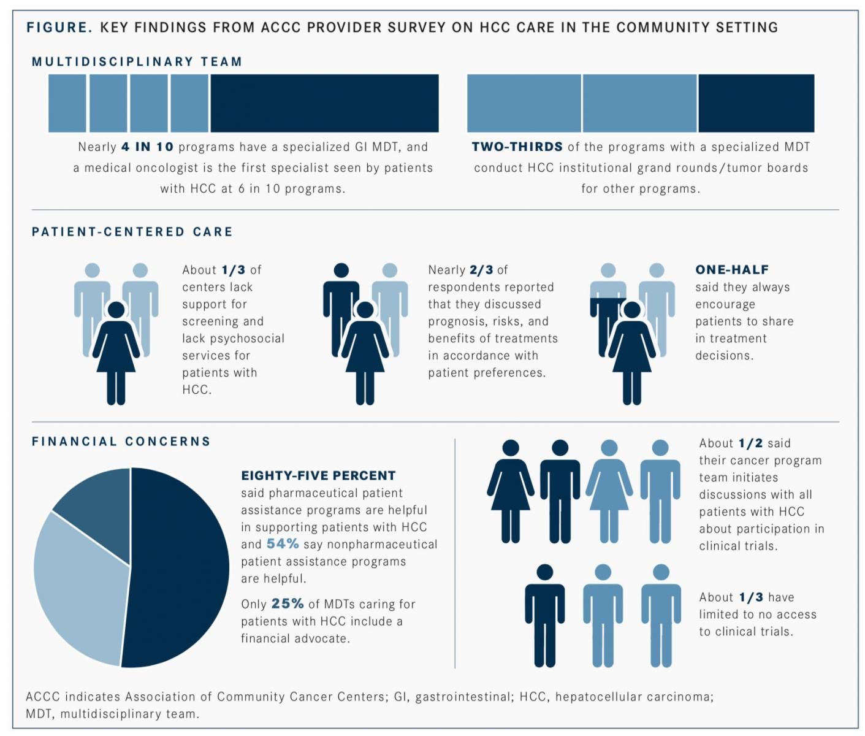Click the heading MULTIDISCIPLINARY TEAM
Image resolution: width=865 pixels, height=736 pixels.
137,61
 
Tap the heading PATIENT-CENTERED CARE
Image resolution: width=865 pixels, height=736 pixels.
132,232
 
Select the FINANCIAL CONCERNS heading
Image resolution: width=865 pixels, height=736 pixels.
121,442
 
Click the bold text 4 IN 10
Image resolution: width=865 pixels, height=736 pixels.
147,147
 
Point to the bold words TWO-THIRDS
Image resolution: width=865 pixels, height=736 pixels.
517,147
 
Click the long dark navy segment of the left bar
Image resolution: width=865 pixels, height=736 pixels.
324,103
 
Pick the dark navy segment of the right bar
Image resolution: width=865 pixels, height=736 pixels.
756,103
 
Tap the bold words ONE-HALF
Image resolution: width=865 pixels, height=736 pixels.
731,270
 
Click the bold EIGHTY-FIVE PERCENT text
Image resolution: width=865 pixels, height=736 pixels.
318,476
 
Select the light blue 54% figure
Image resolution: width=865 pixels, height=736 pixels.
283,544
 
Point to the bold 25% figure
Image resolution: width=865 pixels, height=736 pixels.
288,604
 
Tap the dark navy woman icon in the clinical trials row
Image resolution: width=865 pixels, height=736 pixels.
510,491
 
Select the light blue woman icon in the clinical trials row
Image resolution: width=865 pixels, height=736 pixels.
609,491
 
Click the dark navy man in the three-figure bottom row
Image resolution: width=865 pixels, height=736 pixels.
544,616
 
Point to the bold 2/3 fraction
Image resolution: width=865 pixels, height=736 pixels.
481,270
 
